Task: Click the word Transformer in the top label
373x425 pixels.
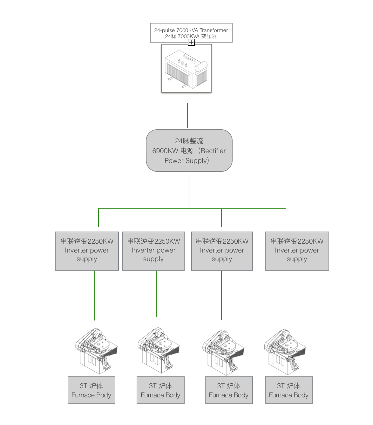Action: pyautogui.click(x=214, y=30)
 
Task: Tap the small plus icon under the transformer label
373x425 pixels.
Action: pyautogui.click(x=191, y=42)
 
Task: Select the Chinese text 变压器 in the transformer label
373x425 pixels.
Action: pyautogui.click(x=209, y=36)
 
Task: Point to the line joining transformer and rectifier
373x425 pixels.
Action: pyautogui.click(x=187, y=115)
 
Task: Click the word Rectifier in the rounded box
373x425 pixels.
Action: pyautogui.click(x=213, y=151)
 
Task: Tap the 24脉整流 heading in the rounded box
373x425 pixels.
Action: pyautogui.click(x=189, y=141)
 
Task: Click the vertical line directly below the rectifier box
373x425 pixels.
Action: pyautogui.click(x=189, y=192)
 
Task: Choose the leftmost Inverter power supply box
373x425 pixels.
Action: pyautogui.click(x=87, y=251)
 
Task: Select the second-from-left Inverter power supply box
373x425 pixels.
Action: pyautogui.click(x=153, y=251)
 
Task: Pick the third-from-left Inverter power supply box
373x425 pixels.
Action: pyautogui.click(x=222, y=251)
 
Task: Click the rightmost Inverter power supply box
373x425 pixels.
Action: pyautogui.click(x=297, y=251)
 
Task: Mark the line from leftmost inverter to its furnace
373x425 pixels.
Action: pyautogui.click(x=94, y=295)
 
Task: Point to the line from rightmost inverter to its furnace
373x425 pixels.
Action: pyautogui.click(x=285, y=295)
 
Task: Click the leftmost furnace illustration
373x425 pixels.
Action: pyautogui.click(x=97, y=351)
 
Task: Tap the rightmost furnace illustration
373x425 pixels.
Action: pyautogui.click(x=285, y=352)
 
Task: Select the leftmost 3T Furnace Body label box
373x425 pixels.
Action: pyautogui.click(x=91, y=390)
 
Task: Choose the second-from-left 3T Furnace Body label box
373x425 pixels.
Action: pyautogui.click(x=160, y=390)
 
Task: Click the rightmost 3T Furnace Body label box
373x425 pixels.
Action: pyautogui.click(x=289, y=390)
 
